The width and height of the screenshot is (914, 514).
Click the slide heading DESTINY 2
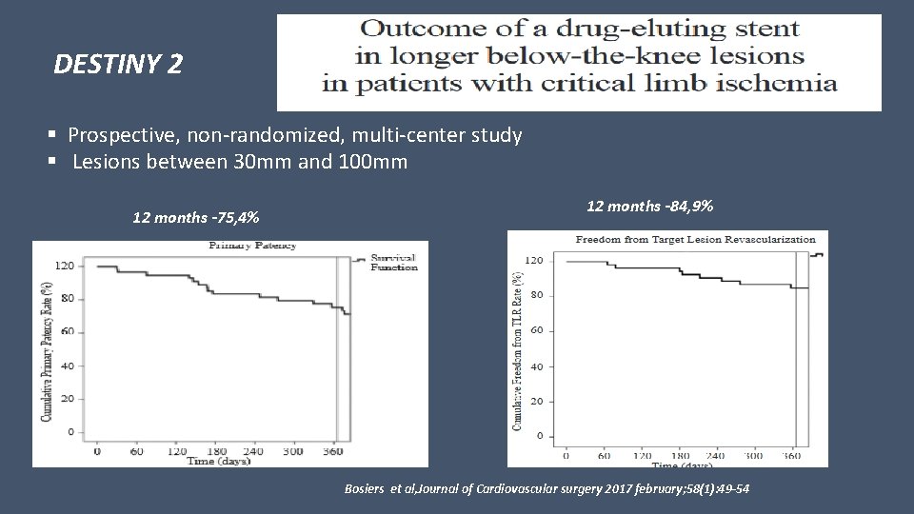[x=118, y=66]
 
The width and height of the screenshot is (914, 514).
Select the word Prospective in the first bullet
[x=125, y=135]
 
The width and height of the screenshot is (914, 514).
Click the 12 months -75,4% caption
[x=196, y=219]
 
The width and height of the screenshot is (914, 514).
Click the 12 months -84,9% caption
[x=650, y=207]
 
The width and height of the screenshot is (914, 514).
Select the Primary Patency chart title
[x=252, y=246]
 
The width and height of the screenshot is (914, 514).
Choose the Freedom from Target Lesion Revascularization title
[x=683, y=239]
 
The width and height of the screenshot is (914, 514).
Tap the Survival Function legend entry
[x=393, y=262]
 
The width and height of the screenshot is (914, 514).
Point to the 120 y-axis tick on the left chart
[x=64, y=266]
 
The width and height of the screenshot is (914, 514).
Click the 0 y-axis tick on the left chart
[x=70, y=432]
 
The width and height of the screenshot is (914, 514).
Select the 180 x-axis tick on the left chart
[x=214, y=451]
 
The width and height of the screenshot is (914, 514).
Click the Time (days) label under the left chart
[x=218, y=462]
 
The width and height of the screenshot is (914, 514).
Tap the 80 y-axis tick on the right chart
[x=537, y=295]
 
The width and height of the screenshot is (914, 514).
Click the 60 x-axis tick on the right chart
[x=606, y=456]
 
